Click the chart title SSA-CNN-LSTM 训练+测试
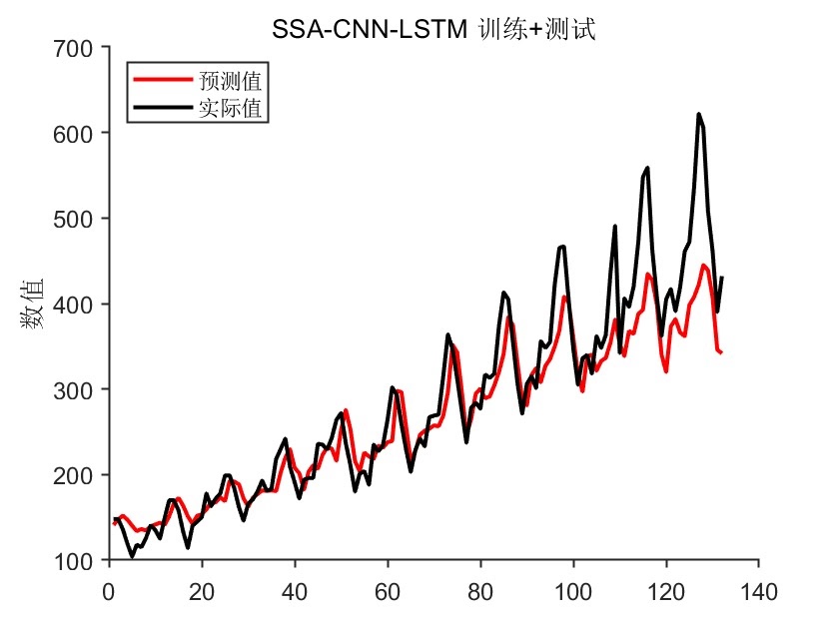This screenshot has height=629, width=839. [433, 31]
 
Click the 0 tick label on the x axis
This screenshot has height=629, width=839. [109, 589]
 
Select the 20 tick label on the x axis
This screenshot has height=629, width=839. [202, 589]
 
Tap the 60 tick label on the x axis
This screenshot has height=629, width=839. [388, 589]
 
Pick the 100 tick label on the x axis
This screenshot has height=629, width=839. [573, 589]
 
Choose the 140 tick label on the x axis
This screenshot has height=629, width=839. [759, 589]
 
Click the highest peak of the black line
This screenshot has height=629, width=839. [698, 115]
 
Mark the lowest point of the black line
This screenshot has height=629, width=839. [132, 556]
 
